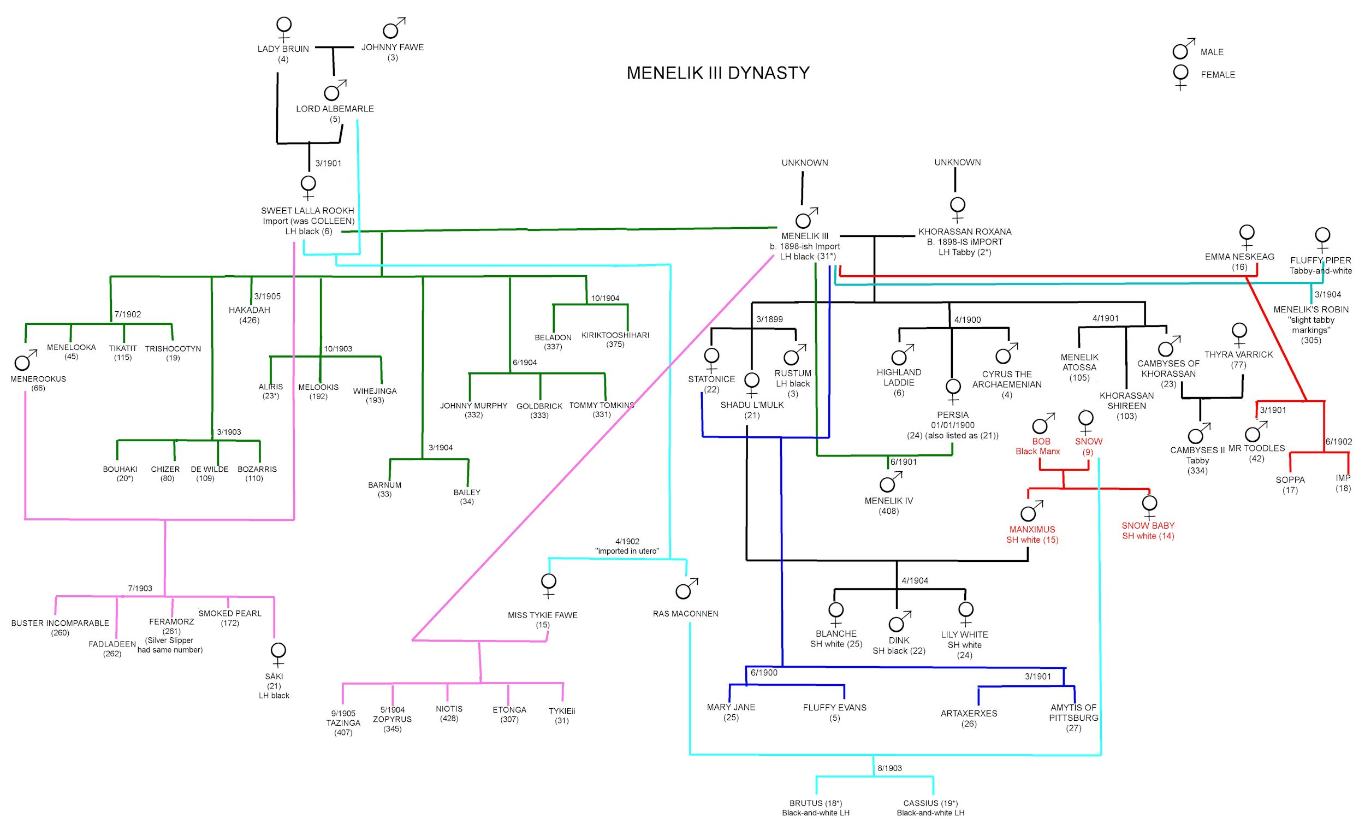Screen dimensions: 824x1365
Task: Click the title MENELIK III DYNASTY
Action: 718,73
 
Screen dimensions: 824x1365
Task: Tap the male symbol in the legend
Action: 1183,49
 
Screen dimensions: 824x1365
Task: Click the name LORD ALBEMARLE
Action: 335,109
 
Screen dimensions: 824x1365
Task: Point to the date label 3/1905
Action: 267,297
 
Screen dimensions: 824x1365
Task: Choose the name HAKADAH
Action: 250,310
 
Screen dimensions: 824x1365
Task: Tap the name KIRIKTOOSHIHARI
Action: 615,335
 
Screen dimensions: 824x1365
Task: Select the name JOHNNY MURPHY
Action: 473,406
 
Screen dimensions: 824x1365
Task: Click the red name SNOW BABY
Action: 1148,525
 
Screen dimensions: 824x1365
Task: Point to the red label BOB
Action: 1041,442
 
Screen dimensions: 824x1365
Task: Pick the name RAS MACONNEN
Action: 685,613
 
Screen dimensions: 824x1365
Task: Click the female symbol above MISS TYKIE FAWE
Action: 548,584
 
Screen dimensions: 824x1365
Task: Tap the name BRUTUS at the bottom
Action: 806,803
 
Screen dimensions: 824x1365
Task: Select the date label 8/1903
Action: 889,768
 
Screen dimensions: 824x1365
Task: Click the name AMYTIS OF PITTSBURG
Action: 1073,712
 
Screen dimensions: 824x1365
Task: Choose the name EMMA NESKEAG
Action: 1239,257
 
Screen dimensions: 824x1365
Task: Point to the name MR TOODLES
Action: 1256,448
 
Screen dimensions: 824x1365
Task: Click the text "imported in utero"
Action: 627,551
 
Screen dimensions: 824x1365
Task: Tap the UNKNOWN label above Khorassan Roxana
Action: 957,162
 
